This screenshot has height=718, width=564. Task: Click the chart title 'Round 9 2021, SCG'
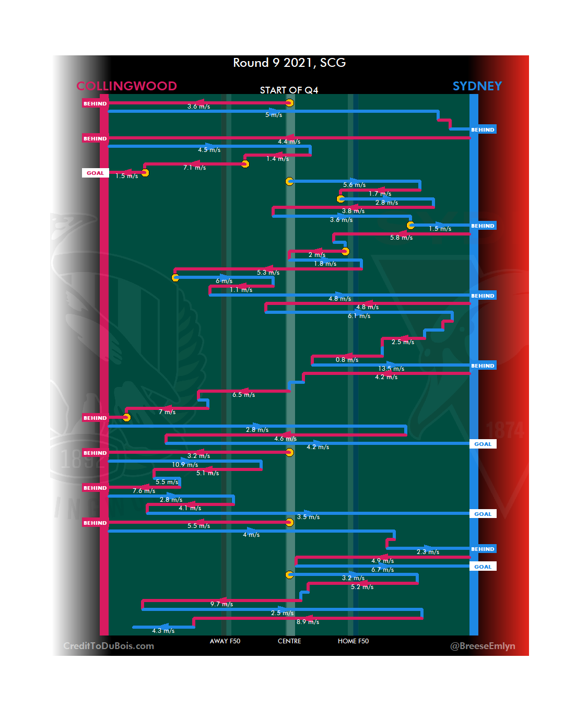coord(289,63)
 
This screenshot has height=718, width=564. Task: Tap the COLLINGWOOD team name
coord(127,86)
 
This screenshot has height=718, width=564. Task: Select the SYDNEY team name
coord(477,86)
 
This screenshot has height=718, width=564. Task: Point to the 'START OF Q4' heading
coord(289,90)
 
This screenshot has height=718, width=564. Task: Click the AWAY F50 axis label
coord(225,641)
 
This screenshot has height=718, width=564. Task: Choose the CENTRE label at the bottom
coord(289,641)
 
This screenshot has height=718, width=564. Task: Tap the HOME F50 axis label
coord(353,641)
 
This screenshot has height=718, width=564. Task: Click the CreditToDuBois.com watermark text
coord(109,646)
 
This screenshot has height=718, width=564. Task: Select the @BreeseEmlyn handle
coord(483,646)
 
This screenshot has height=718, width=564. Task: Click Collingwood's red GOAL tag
coord(95,173)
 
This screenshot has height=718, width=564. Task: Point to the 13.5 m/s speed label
coord(391,369)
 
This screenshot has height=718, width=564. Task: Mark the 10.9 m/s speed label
coord(185,465)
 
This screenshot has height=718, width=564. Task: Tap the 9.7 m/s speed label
coord(221,604)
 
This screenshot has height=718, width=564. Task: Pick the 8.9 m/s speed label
coord(308,622)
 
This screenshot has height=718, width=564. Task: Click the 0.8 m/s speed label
coord(347,360)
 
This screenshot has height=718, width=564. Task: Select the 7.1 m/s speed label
coord(194,168)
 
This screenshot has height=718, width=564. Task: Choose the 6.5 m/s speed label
coord(243,395)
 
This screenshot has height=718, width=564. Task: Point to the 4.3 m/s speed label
coord(163,631)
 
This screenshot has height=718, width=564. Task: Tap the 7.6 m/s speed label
coord(144,491)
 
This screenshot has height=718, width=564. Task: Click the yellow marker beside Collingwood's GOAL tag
coord(145,173)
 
